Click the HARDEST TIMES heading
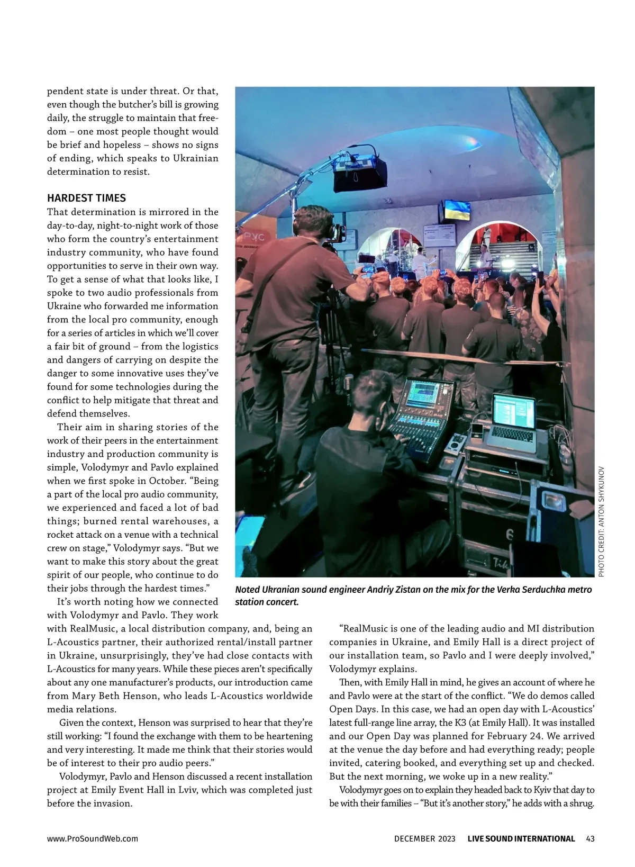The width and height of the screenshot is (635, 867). [86, 198]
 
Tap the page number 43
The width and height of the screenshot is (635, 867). [591, 838]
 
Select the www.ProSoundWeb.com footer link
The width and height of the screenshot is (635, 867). [93, 838]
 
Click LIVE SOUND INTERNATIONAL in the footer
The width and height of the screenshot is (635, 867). [521, 838]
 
